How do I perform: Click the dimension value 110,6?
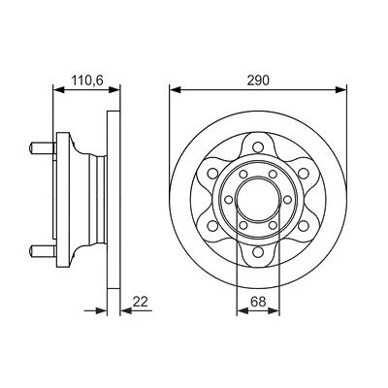coord(87,81)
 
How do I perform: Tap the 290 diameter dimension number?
coord(258,81)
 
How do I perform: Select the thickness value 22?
coord(141,302)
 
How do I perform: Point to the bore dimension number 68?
coord(258,302)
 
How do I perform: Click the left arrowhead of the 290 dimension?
coord(175,89)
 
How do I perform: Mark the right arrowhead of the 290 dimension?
coord(340,89)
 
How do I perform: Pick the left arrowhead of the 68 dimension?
coord(242,310)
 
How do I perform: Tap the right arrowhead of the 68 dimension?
coord(274,310)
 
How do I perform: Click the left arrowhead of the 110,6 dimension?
coord(58,89)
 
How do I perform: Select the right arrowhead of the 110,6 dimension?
coord(114,89)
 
